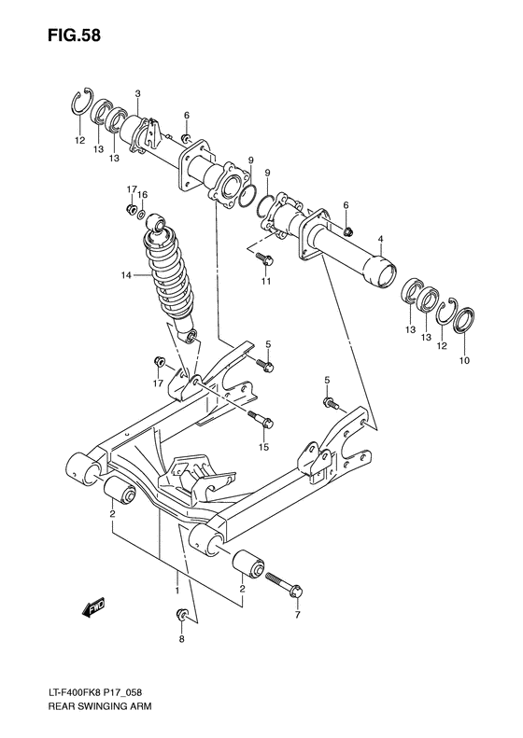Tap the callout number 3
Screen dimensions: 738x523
tap(137, 93)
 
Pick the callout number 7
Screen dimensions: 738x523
tap(297, 617)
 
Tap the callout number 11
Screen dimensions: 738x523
tap(266, 281)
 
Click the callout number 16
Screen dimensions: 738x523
tap(143, 194)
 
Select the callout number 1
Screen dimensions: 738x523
tap(176, 590)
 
